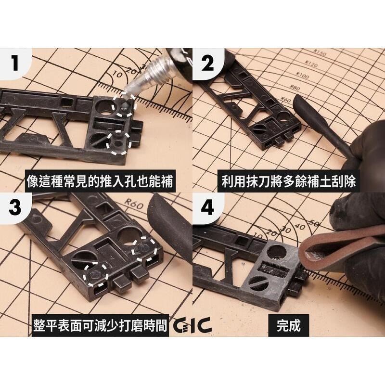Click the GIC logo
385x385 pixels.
pos(192,326)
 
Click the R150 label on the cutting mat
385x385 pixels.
pos(319,53)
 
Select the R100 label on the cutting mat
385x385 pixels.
pos(303,76)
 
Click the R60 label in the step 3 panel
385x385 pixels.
pos(136,206)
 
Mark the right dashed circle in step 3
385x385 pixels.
pos(145,247)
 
